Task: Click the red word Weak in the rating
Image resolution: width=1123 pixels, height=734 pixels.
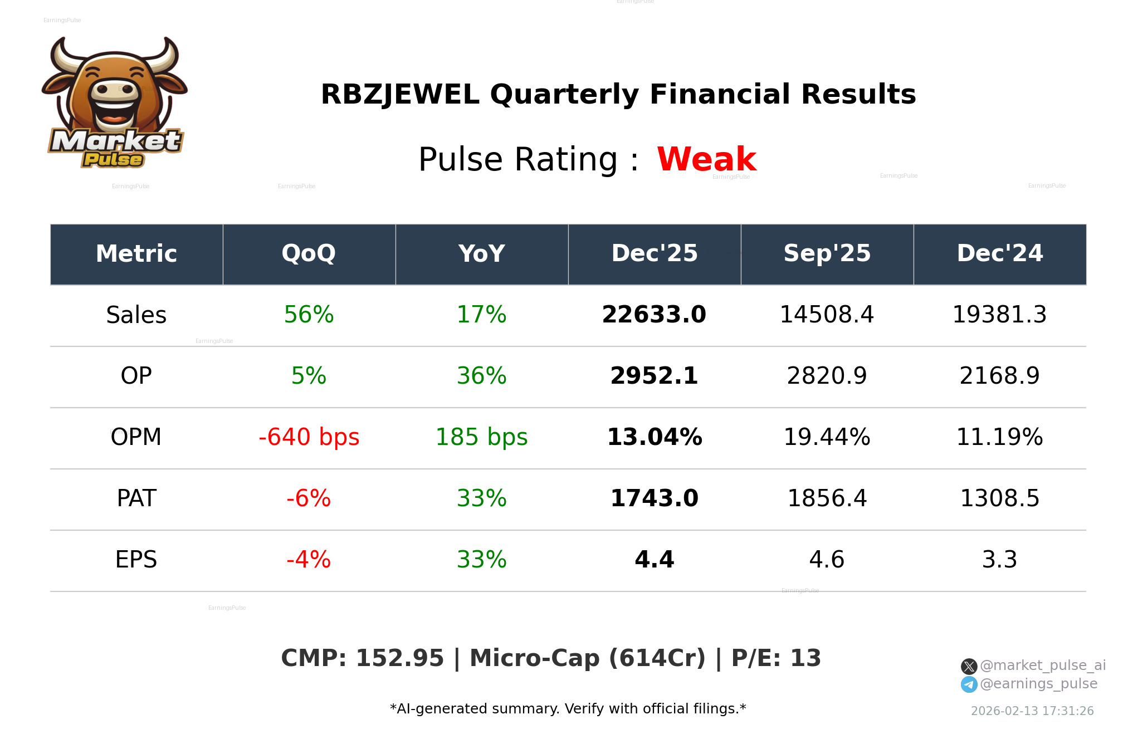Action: (x=706, y=159)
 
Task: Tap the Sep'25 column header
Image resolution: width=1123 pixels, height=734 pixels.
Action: (x=827, y=253)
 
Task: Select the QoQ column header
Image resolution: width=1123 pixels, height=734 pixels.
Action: (x=309, y=253)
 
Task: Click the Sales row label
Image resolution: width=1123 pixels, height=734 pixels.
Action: (x=136, y=315)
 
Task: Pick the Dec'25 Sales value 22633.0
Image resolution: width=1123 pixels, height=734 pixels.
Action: (x=654, y=315)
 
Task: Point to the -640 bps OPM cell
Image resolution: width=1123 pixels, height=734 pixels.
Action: (x=309, y=437)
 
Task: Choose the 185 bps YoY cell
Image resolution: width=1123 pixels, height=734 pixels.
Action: (x=481, y=437)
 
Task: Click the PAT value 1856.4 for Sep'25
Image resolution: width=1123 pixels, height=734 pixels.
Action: (x=827, y=498)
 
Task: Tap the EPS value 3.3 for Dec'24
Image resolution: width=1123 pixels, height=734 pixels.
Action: (x=999, y=560)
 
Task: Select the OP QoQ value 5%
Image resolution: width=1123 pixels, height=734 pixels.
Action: (x=309, y=376)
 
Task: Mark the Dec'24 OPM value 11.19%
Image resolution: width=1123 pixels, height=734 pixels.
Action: (x=999, y=437)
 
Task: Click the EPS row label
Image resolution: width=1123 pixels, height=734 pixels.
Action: (x=136, y=560)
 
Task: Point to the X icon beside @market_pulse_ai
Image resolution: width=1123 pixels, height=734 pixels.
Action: (x=969, y=666)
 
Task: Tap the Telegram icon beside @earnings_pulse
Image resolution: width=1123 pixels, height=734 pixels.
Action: (x=969, y=684)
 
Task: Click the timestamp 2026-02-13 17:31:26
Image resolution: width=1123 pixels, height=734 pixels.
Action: (x=1032, y=711)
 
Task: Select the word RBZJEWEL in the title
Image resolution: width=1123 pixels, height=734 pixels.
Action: (x=400, y=95)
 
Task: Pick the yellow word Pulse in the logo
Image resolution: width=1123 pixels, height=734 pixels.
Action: (x=113, y=160)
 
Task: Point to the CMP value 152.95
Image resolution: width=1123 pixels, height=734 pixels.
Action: (x=399, y=658)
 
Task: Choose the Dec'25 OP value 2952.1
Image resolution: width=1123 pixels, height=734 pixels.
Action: (x=654, y=376)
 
